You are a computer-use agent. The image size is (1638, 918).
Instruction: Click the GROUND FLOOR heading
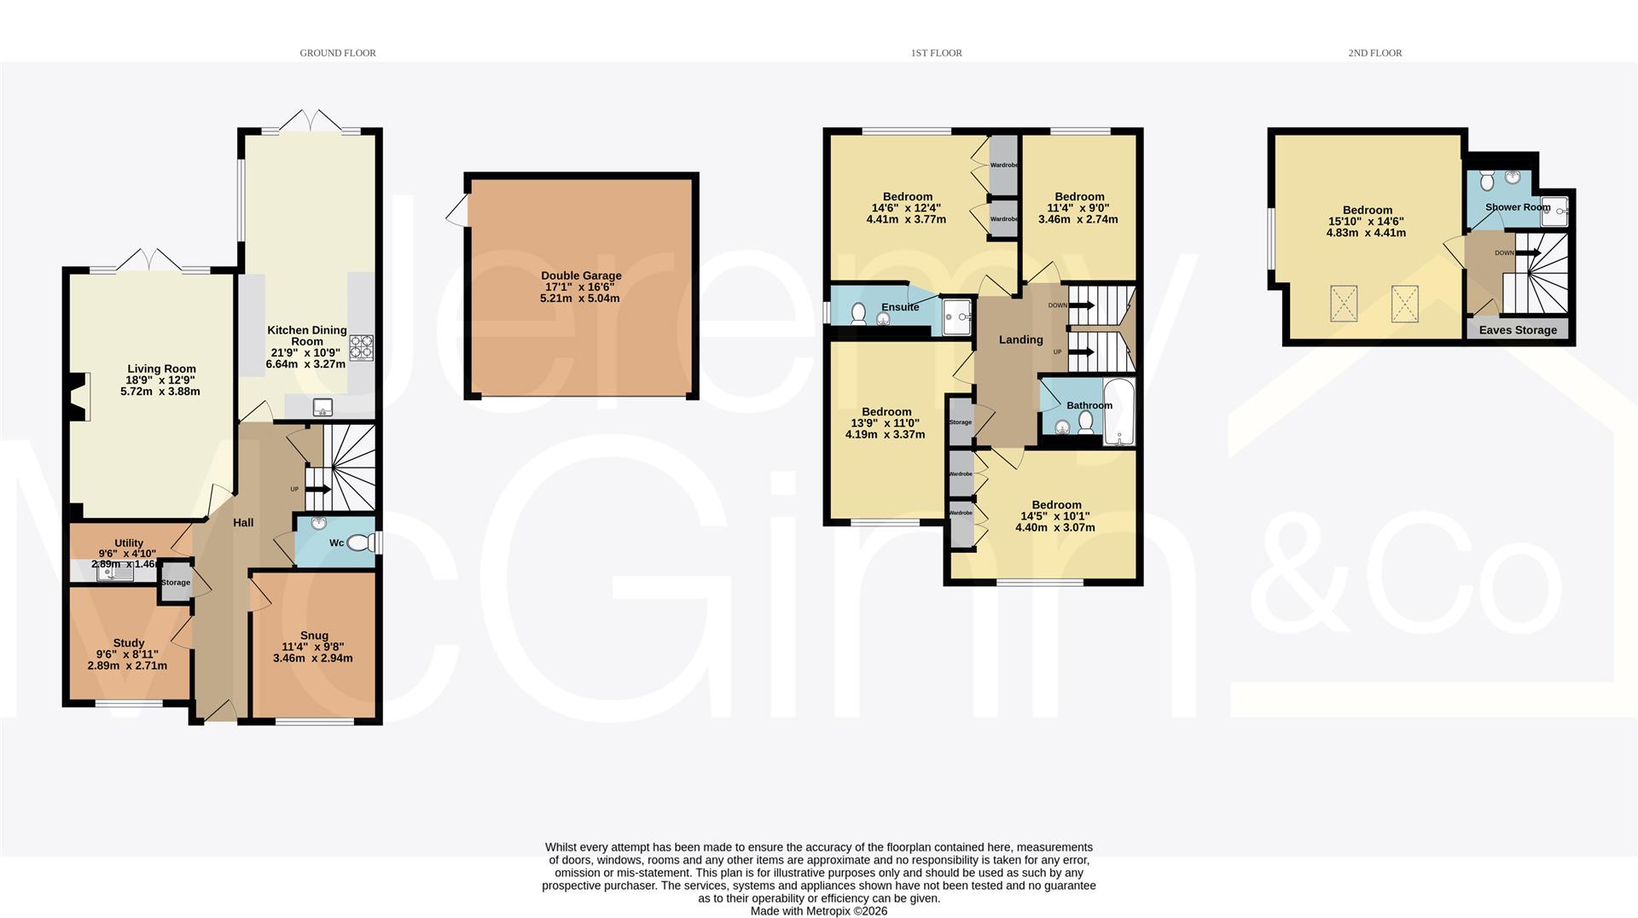338,53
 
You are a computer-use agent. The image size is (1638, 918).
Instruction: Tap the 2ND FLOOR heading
1374,53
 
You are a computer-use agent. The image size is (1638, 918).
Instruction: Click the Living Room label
161,369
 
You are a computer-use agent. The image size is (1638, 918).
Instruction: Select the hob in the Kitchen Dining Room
362,347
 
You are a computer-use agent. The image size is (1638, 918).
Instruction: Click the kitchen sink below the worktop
322,407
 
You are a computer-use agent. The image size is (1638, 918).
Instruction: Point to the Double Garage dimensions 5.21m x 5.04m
580,299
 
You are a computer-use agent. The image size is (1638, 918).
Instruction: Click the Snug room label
314,635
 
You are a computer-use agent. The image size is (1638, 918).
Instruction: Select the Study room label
129,642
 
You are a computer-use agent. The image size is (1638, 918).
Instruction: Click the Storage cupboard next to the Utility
176,583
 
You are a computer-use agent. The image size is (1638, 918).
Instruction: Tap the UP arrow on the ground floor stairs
317,489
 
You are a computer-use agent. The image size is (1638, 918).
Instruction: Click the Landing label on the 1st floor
1020,340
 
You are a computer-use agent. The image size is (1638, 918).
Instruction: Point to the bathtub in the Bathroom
1118,412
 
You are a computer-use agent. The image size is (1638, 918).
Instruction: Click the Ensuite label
899,307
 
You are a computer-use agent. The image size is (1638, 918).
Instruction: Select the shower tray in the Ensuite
958,317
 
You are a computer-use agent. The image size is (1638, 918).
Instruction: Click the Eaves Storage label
1517,330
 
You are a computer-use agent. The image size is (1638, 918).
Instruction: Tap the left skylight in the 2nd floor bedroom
1344,304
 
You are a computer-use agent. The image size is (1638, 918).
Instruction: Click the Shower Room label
1517,207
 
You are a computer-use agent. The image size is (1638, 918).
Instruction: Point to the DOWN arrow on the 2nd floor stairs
1528,253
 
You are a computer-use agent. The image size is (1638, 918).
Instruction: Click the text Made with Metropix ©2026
818,911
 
